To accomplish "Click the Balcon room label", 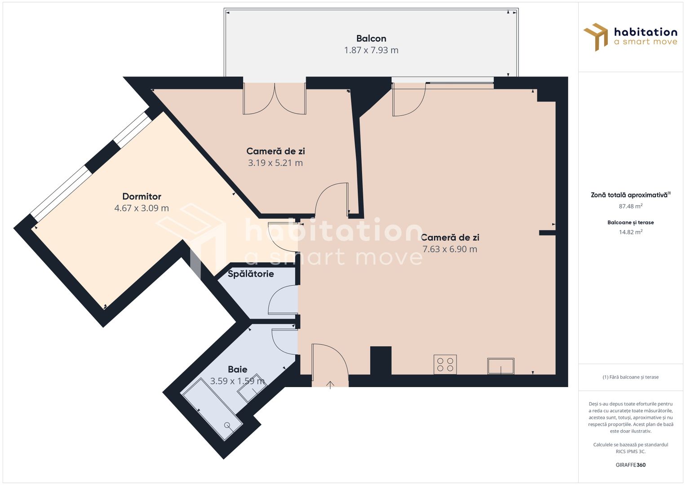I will (371, 39).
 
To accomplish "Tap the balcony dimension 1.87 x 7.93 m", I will (371, 50).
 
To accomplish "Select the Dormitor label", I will (142, 196).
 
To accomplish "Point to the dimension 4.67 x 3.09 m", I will (142, 208).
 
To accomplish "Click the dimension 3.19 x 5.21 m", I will (275, 163).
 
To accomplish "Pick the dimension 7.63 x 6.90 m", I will (450, 249).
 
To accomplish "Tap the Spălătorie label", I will (251, 274).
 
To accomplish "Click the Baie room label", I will (237, 369).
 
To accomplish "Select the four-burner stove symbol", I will (445, 364).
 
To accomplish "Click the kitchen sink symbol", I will (501, 366).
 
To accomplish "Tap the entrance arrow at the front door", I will (330, 384).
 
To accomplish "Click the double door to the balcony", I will (274, 99).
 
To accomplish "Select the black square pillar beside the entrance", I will (381, 360).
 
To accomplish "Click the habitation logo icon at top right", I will (596, 37).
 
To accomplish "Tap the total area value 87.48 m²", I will (630, 207).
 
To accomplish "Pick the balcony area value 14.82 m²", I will (630, 232).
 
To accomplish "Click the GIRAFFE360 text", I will (630, 465).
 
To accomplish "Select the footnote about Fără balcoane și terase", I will (630, 377).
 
